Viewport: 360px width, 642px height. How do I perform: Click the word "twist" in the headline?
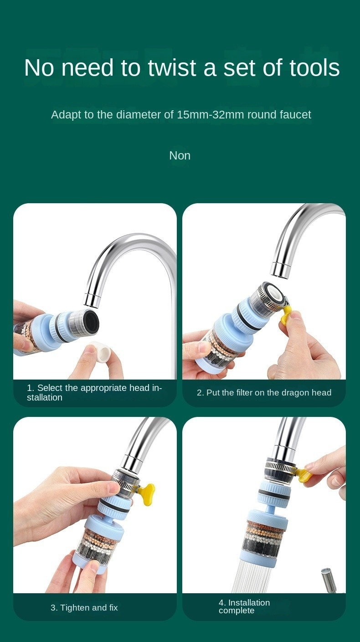pos(172,67)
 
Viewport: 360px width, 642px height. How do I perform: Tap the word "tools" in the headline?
pos(314,67)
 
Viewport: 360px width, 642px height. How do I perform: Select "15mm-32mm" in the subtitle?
pos(211,115)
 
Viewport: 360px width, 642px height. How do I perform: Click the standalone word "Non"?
pos(180,156)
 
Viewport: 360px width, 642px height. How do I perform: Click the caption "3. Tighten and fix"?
pos(84,608)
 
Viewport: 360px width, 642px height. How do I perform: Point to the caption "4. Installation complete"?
pos(244,606)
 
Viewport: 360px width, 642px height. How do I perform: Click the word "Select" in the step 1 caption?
pos(50,388)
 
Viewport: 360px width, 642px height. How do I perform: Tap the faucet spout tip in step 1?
pos(92,300)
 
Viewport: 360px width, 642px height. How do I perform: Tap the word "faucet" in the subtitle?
pos(295,115)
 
